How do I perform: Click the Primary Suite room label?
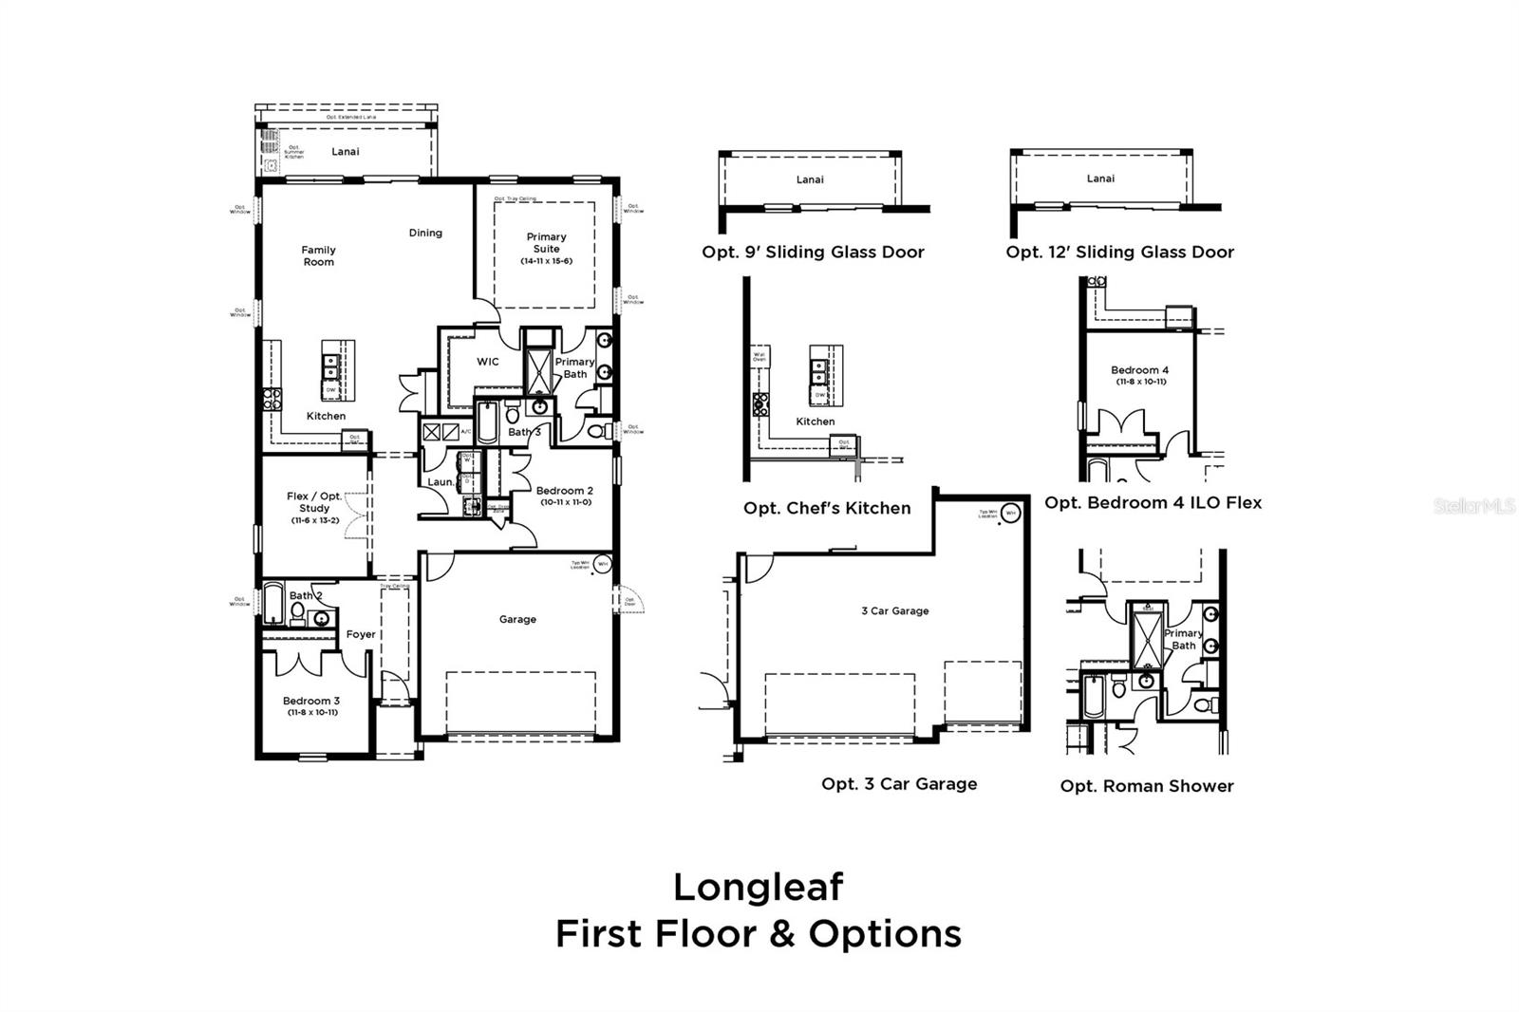coord(546,243)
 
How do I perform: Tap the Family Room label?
coord(318,255)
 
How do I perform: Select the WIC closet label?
coord(487,362)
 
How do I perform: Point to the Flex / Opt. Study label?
coord(314,502)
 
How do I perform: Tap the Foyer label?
coord(361,634)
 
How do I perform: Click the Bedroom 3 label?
coord(310,702)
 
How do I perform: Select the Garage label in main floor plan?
coord(517,619)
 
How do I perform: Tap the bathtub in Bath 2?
coord(273,602)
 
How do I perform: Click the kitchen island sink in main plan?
coord(331,362)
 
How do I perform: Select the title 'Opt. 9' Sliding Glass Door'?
coord(813,252)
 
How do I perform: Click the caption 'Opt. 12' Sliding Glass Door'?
coord(1120,252)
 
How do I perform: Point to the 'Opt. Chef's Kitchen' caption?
coord(827,508)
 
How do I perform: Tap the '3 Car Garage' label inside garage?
coord(894,610)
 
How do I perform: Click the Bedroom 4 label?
coord(1140,370)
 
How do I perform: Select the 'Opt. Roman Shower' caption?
coord(1147,786)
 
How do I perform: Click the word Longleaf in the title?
coord(759,887)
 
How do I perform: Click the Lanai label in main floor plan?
coord(345,151)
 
